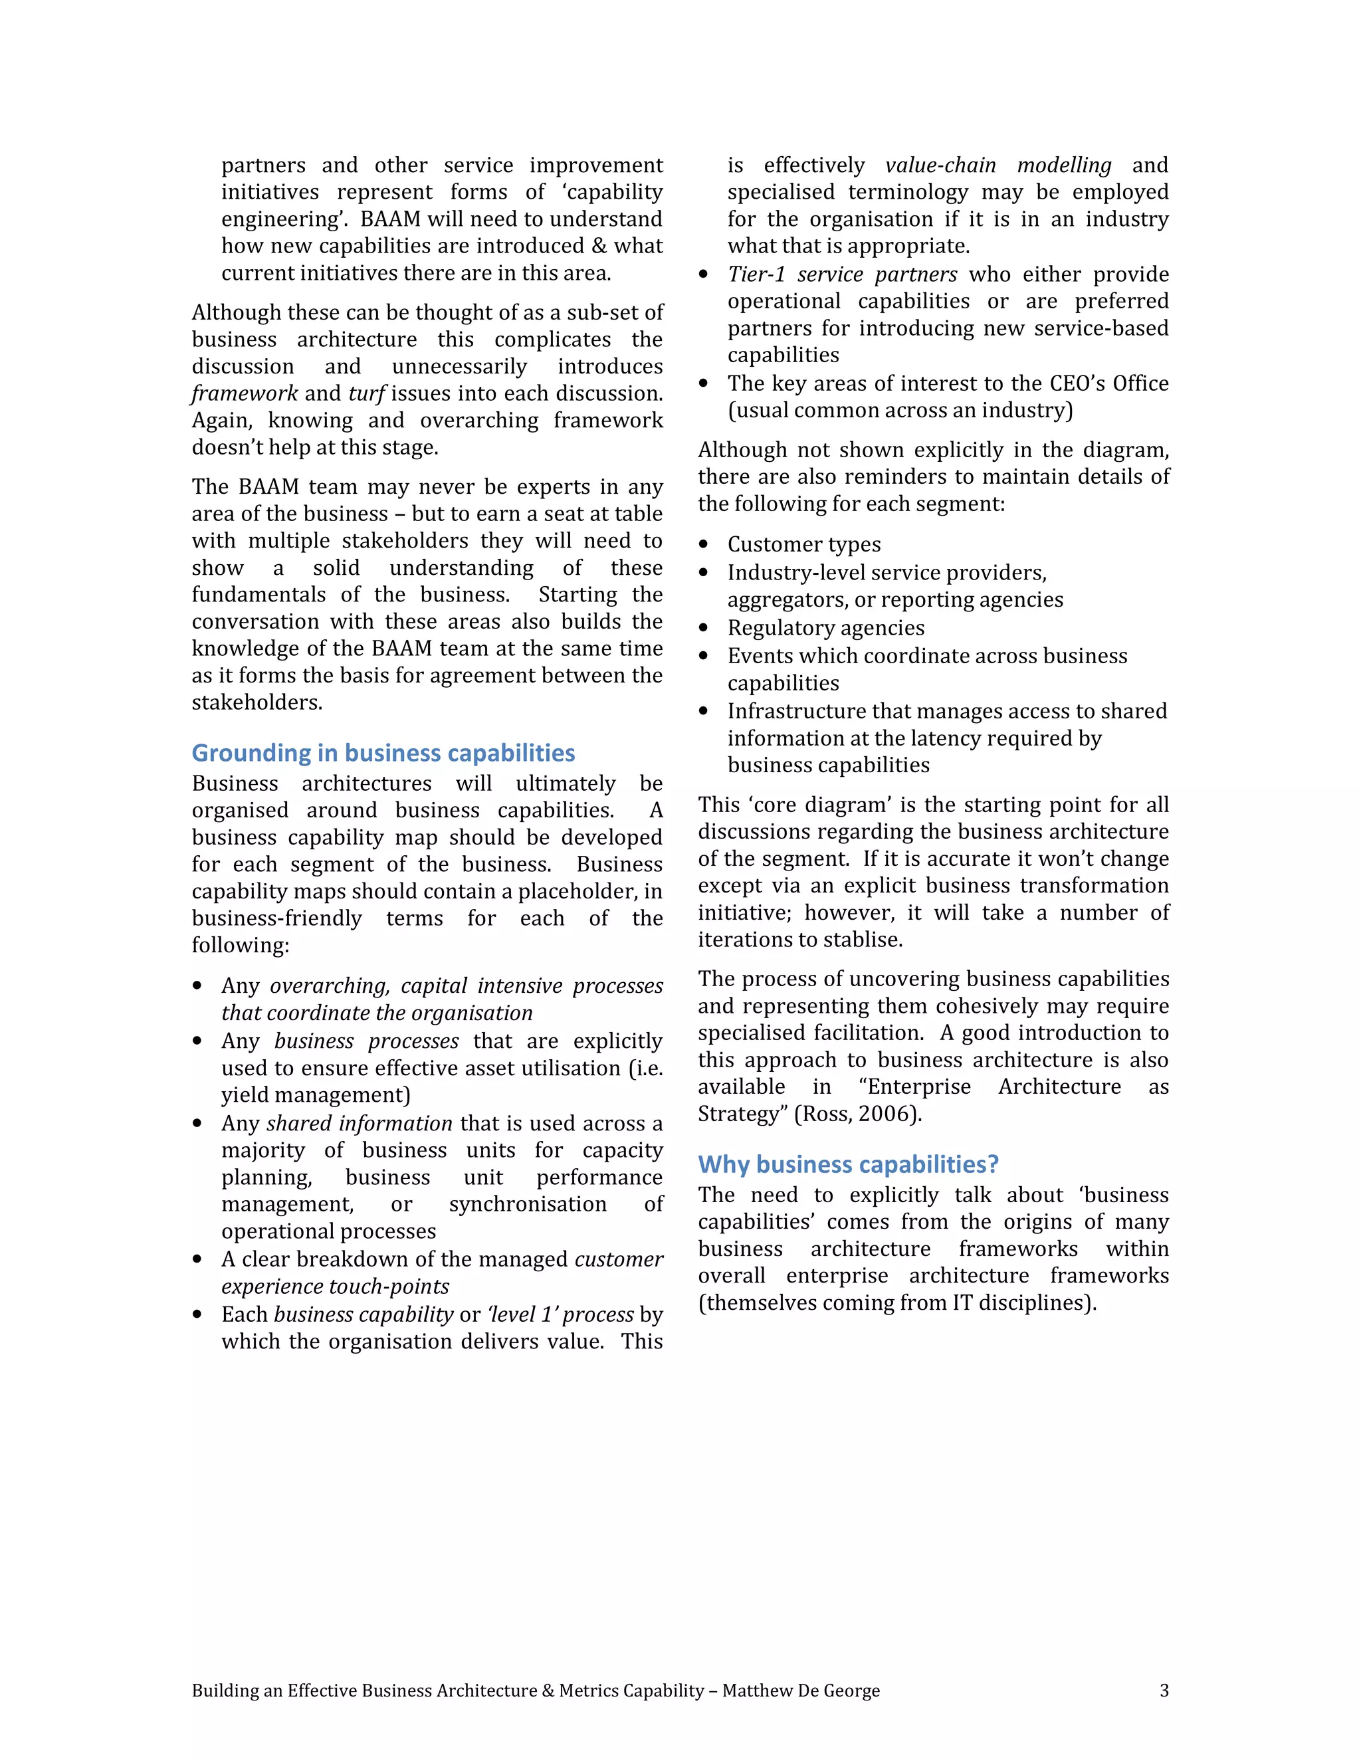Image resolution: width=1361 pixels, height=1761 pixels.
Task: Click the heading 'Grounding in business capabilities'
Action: pos(383,753)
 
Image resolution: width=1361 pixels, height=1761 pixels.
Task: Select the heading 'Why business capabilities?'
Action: pos(848,1164)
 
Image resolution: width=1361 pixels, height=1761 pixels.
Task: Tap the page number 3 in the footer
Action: pos(1164,1690)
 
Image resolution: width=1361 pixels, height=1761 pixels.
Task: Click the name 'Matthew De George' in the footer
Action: pos(801,1690)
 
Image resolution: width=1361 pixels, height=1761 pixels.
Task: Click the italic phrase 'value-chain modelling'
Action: pos(998,165)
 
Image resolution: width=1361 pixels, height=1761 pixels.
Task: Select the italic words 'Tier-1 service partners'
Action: pos(842,274)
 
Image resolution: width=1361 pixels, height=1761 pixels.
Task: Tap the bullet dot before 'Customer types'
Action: pos(704,545)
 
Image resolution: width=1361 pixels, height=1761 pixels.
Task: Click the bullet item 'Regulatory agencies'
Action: pos(825,627)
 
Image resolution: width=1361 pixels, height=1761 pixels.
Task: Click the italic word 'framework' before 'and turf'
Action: pos(245,393)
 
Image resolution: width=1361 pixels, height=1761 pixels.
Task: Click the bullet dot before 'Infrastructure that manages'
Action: pos(704,712)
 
